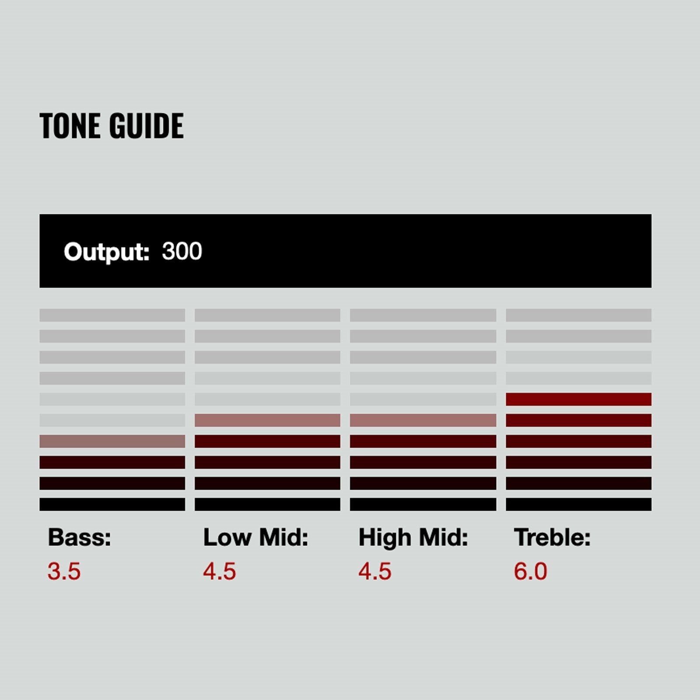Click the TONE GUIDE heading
point(112,126)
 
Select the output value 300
point(182,251)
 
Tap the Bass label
point(79,537)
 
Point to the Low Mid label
point(255,537)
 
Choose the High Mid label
point(413,538)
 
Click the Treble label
point(552,537)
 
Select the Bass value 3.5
point(64,571)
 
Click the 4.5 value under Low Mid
point(220,571)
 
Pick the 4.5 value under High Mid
point(375,571)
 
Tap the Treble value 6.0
point(530,571)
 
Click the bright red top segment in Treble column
point(578,399)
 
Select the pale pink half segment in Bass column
point(112,441)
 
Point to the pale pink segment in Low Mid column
point(267,420)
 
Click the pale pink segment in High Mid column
point(423,420)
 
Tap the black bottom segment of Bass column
point(112,504)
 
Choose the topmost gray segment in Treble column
point(578,315)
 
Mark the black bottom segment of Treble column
point(578,504)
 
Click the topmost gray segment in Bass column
point(112,315)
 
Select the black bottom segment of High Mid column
point(423,504)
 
